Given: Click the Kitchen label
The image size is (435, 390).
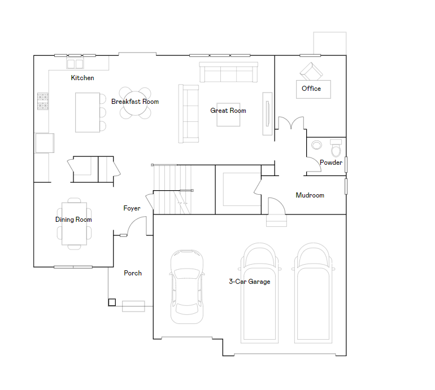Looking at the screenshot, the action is coord(82,78).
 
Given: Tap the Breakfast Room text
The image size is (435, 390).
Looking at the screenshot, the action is coord(135,102).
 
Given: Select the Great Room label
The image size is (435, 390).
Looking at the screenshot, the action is coord(228,111).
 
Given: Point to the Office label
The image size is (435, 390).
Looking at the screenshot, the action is coord(311,89).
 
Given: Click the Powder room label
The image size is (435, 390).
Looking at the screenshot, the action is coord(331,163).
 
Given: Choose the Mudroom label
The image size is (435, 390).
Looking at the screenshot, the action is coord(310,195).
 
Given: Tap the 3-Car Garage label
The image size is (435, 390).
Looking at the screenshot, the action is coord(250,282).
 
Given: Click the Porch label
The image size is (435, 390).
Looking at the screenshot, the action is coord(133,273).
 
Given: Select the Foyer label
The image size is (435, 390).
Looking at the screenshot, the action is coord(132,208).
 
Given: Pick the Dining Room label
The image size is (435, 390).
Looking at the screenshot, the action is coord(73,220).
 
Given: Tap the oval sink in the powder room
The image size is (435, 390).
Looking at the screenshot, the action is coord(316,145).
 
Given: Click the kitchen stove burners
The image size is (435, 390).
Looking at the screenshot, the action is coord(43,101).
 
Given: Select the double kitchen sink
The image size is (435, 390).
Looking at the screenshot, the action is coord(75,64).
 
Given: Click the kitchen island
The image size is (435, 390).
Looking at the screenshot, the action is coord(88,112).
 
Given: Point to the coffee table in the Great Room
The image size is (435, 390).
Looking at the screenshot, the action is coord(228,115).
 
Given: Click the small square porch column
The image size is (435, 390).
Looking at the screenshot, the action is coord(112,302).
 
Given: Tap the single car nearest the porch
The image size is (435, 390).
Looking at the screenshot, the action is coord(187,287).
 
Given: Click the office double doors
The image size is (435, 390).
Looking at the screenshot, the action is coord(291,123).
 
